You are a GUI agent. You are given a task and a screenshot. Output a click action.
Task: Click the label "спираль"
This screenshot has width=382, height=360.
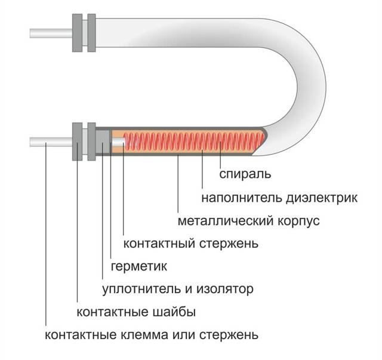[246, 174]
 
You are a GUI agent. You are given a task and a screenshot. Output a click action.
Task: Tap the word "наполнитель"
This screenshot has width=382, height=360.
[239, 198]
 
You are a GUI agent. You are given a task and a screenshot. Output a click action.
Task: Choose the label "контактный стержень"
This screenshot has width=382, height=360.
[190, 244]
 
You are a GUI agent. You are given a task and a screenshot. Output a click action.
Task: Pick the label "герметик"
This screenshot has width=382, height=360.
[138, 266]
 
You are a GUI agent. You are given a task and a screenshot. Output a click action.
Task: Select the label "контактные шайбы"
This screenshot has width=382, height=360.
[137, 312]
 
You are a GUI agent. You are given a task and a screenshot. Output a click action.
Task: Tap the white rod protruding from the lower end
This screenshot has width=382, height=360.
[51, 143]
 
